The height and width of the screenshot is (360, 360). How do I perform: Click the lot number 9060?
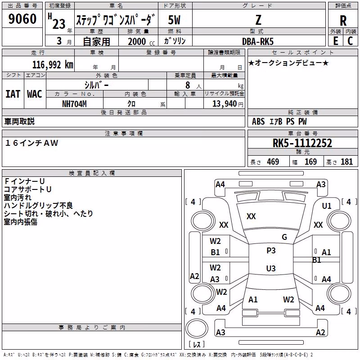[22, 19]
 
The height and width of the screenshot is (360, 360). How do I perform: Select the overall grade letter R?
[343, 21]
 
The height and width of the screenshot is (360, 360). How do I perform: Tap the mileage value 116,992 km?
[53, 65]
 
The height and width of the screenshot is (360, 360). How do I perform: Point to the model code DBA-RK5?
[258, 41]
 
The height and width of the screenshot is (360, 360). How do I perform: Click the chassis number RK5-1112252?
[302, 143]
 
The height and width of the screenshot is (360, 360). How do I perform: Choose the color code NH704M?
[74, 104]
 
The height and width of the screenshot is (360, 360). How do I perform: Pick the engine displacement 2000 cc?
[141, 41]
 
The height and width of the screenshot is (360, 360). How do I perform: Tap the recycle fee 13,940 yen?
[228, 104]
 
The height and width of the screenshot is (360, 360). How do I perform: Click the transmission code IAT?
[13, 94]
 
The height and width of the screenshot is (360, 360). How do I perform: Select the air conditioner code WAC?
[35, 94]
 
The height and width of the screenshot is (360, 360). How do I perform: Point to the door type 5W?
[174, 20]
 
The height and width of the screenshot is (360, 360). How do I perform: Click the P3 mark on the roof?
[271, 251]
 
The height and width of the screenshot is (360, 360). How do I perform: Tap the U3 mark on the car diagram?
[271, 268]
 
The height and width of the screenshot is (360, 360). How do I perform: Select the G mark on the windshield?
[284, 237]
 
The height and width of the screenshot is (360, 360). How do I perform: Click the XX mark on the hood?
[251, 216]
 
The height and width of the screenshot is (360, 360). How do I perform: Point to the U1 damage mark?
[327, 206]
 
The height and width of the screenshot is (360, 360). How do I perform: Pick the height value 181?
[346, 162]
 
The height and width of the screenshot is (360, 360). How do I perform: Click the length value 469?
[273, 162]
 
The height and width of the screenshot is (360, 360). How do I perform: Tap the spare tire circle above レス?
[197, 328]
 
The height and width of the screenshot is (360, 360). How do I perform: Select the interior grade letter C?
[351, 41]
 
